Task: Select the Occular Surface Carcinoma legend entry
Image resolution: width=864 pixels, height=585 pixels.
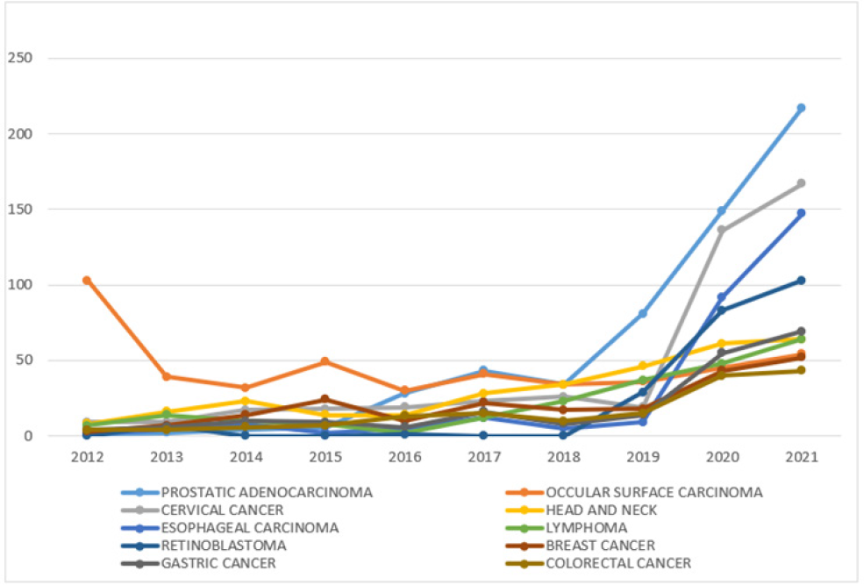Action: tap(654, 492)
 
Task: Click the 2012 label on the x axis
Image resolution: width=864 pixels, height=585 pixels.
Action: tap(88, 458)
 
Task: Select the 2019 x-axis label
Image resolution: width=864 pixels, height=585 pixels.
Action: tap(643, 458)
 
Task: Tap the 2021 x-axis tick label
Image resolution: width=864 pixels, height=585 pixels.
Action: tap(801, 458)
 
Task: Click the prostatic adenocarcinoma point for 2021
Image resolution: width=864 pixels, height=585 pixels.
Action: tap(801, 108)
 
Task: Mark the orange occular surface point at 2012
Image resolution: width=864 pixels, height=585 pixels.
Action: tap(88, 280)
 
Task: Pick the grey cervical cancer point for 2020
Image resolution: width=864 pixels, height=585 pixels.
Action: tap(722, 230)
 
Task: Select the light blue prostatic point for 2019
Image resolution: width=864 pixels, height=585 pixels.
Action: tap(643, 313)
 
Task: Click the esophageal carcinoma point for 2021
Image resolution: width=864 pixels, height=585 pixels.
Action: tap(801, 213)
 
